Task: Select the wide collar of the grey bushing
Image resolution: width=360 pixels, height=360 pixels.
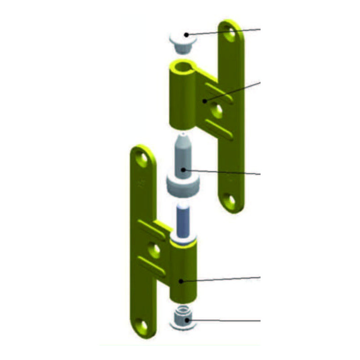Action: pyautogui.click(x=182, y=184)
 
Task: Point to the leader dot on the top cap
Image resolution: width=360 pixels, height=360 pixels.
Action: pyautogui.click(x=185, y=35)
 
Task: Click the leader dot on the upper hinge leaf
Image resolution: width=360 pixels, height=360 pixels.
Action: pyautogui.click(x=205, y=101)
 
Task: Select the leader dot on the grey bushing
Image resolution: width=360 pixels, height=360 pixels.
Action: pyautogui.click(x=183, y=170)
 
